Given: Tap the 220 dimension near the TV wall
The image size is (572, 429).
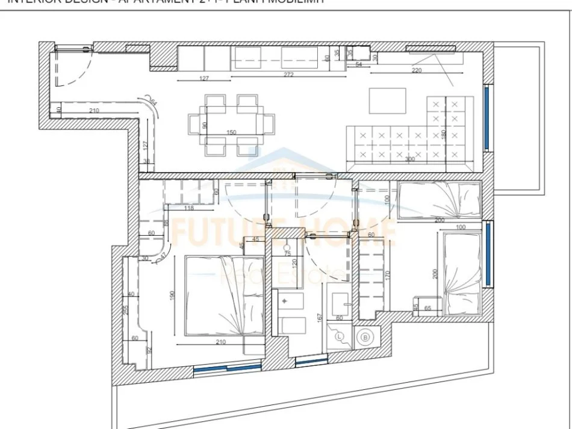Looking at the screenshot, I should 416,70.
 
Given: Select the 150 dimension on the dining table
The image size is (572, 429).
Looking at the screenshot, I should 231,132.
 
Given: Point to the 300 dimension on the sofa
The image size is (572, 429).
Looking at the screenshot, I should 411,159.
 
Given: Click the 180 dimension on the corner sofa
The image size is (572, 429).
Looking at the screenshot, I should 444,134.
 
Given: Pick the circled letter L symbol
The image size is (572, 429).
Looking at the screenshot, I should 340,336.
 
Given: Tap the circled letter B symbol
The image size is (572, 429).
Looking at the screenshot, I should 365,337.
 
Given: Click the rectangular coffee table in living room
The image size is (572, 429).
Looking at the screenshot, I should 387,100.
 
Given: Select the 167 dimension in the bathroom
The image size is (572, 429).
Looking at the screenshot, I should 320,318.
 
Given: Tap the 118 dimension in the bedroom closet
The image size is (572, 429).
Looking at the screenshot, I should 188,209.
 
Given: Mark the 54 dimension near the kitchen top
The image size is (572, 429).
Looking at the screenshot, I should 359,64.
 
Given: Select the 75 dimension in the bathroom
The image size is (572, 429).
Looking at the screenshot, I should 287,254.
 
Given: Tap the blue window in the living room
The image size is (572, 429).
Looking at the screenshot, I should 487,118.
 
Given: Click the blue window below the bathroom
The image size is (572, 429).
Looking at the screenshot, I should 312,362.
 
